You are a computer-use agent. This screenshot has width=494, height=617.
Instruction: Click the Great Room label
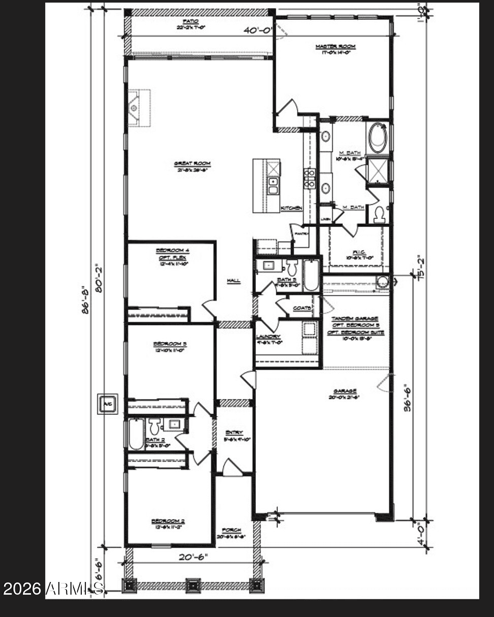click(x=192, y=164)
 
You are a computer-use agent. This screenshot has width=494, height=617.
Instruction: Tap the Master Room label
click(x=335, y=47)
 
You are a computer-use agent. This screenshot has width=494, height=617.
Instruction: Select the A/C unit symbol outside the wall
click(x=108, y=404)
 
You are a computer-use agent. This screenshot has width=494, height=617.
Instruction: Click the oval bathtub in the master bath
click(x=378, y=138)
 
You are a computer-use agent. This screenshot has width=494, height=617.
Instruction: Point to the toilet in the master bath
click(x=379, y=215)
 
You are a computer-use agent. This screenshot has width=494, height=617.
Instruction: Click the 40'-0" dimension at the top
click(x=258, y=30)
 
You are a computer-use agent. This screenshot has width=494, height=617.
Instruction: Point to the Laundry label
click(x=268, y=337)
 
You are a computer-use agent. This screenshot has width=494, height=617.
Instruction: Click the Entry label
click(x=234, y=433)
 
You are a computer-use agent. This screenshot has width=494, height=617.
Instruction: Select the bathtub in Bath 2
click(x=136, y=434)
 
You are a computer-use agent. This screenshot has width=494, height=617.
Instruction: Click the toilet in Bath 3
click(x=291, y=268)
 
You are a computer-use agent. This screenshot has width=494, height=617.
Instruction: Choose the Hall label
click(x=234, y=281)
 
